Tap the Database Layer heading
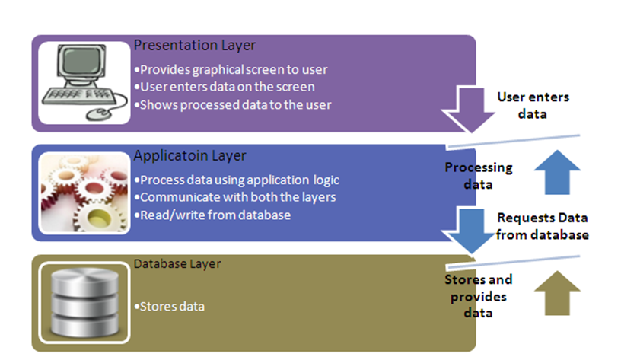click(x=177, y=264)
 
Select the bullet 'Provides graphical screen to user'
click(x=230, y=70)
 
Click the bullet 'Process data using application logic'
click(x=235, y=180)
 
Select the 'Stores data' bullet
click(x=169, y=307)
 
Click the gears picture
click(x=84, y=193)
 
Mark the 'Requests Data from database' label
click(x=542, y=227)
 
